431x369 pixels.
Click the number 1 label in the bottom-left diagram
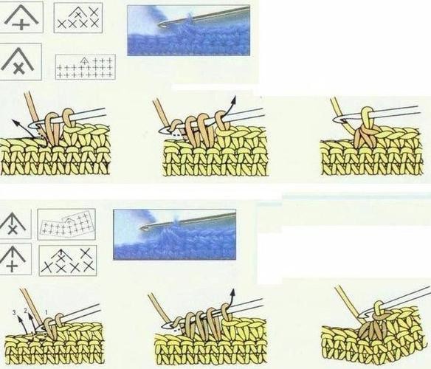46,312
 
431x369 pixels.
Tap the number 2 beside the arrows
26,311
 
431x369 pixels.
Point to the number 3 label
15,313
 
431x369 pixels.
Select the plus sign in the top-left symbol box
21,26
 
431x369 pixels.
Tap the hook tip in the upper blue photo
160,25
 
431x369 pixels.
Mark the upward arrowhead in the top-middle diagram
233,100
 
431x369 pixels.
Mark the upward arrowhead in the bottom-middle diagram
232,292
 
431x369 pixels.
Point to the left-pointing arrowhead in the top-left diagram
15,123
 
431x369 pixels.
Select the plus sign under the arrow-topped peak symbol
12,266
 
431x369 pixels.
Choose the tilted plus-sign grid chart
67,224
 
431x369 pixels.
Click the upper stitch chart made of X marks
78,18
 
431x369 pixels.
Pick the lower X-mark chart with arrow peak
68,260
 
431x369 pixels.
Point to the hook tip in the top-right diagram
336,120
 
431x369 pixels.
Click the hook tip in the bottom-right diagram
362,316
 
